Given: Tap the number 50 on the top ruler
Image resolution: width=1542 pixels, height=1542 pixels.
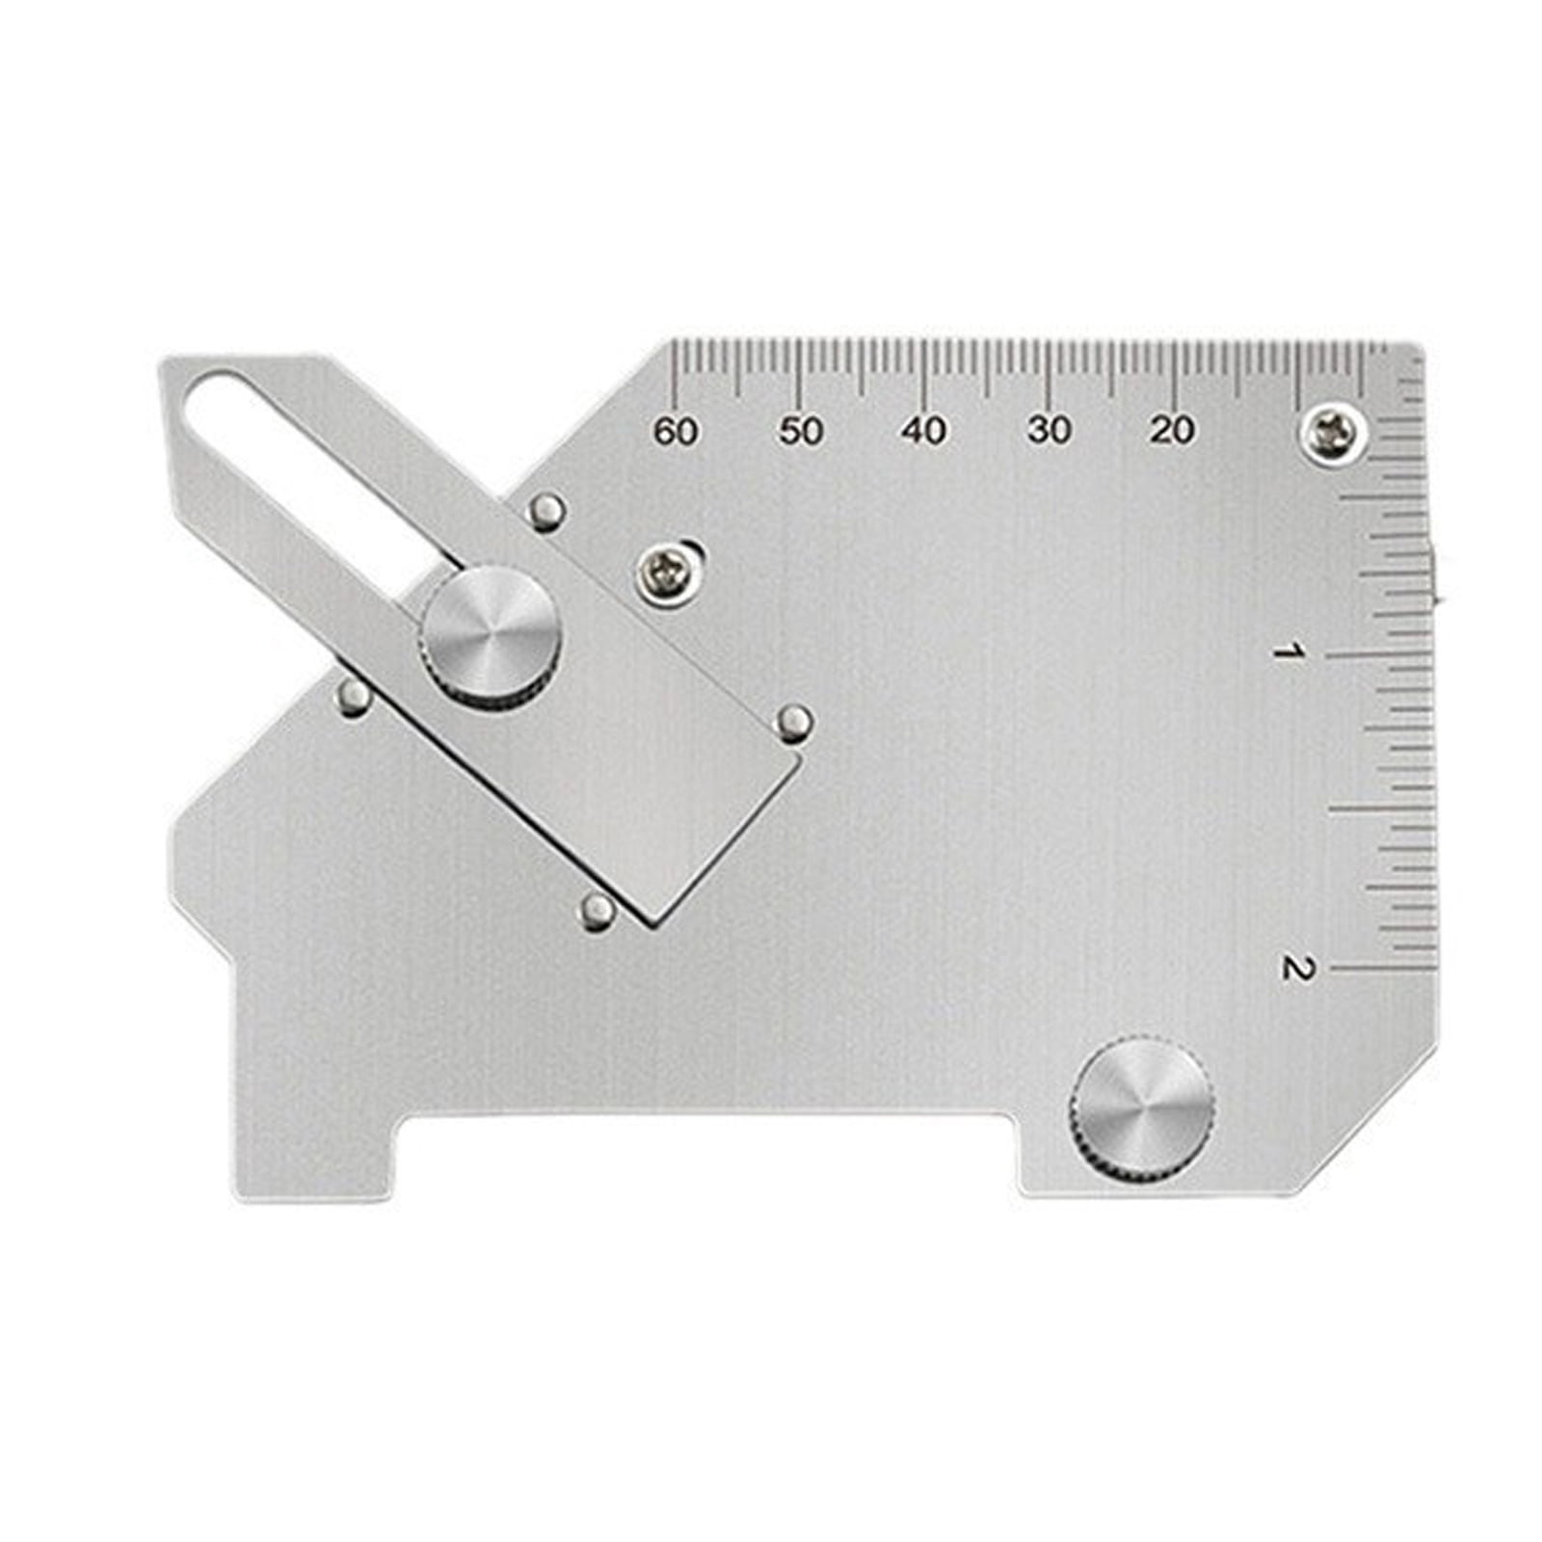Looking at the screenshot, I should coord(800,432).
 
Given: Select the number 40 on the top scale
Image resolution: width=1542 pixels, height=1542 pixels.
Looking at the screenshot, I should coord(924,431).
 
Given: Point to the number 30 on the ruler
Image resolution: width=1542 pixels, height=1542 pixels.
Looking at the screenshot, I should coord(1049,430).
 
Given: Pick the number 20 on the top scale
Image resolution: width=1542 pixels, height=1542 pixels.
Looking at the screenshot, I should coord(1172,430).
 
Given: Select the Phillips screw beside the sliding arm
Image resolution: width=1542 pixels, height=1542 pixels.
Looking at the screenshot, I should coord(668,575).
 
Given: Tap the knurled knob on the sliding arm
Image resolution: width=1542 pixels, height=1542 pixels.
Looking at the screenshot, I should coord(492,637).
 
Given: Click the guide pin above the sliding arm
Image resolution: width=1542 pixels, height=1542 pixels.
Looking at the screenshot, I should coord(548,511).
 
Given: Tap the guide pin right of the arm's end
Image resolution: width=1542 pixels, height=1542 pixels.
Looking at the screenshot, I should coord(795,722).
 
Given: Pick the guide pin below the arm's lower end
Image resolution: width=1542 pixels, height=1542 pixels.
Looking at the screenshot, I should coord(598,911).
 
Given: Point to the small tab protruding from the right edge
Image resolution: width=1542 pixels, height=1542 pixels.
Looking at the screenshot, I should coord(1436,578).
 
